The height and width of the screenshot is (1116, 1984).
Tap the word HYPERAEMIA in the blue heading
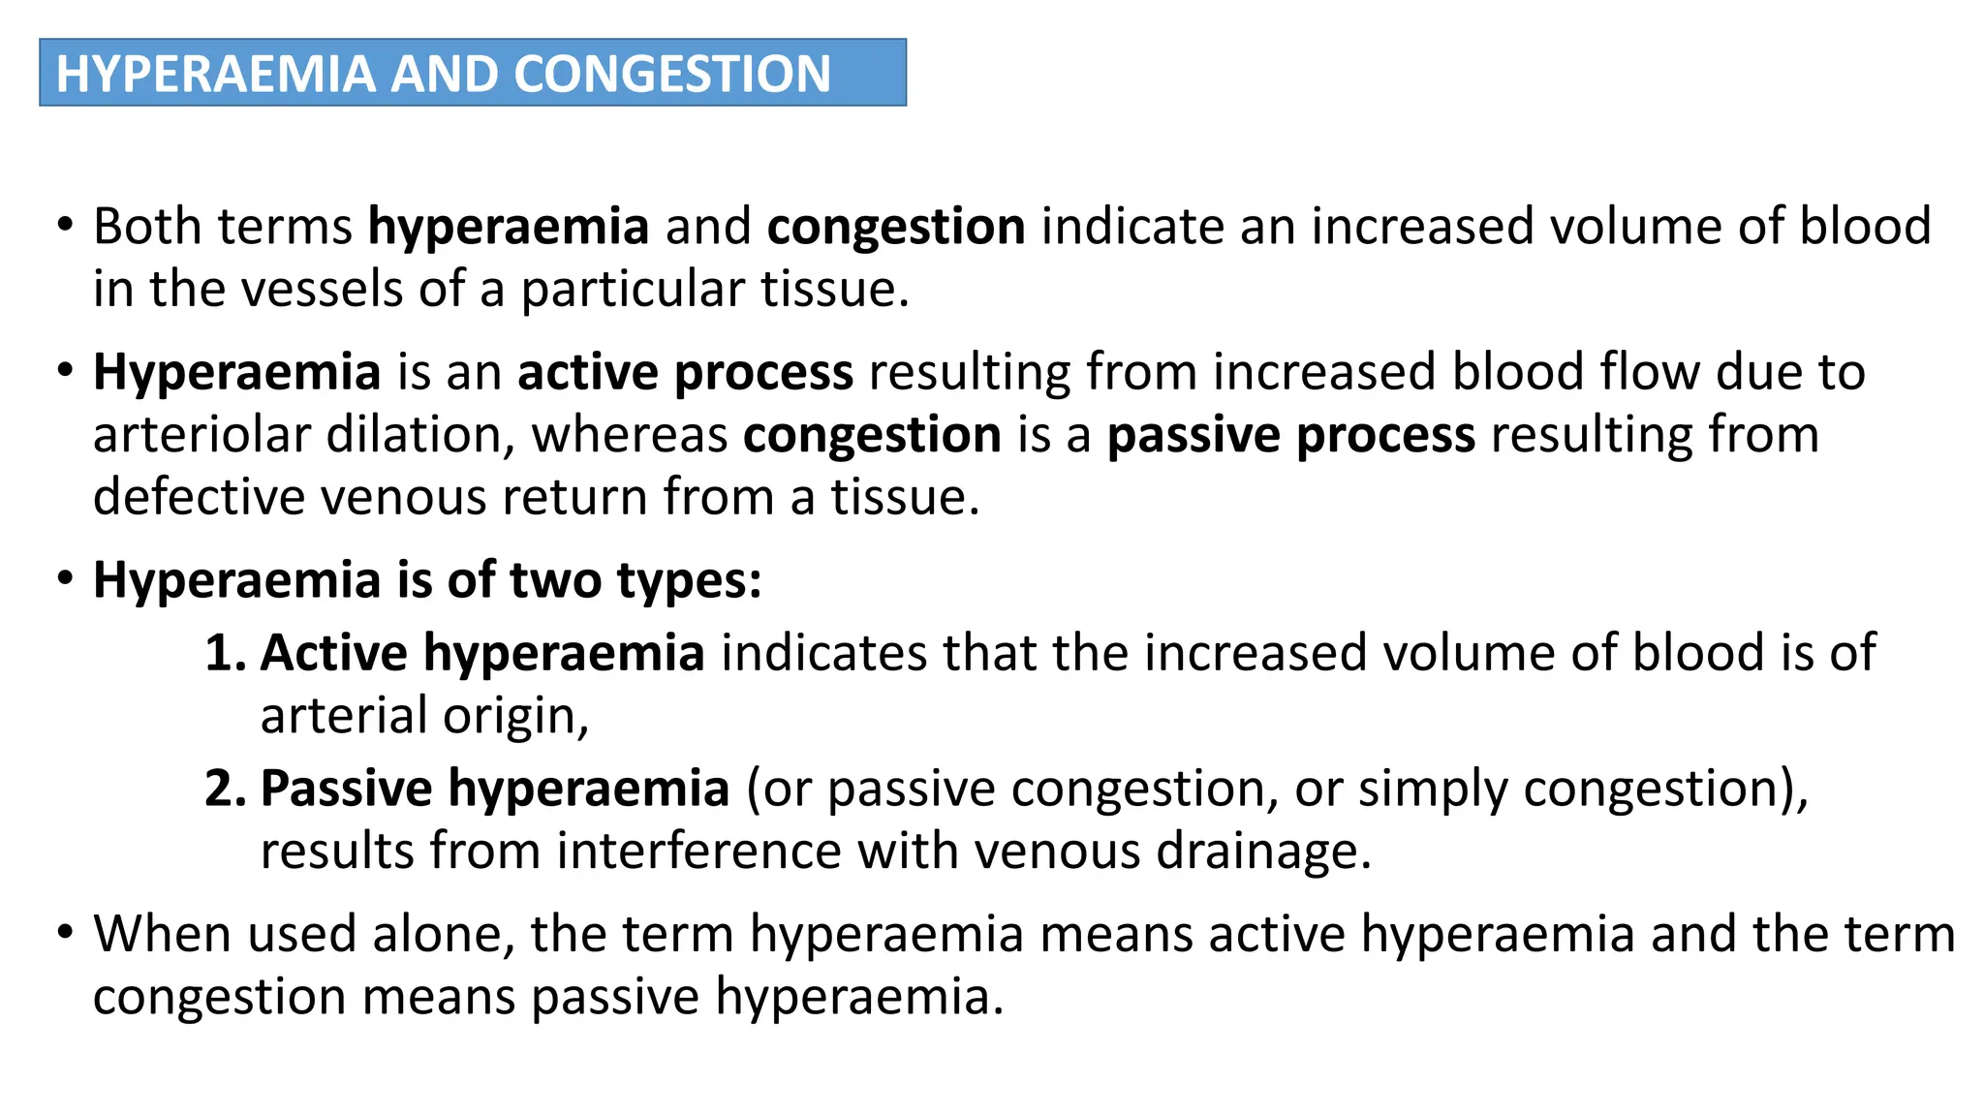click(x=215, y=74)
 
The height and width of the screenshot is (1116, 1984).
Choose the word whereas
click(x=630, y=435)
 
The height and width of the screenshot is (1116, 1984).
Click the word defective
click(x=199, y=497)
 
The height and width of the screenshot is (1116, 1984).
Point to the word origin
click(x=515, y=716)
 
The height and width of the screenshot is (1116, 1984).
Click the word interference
click(x=698, y=852)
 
